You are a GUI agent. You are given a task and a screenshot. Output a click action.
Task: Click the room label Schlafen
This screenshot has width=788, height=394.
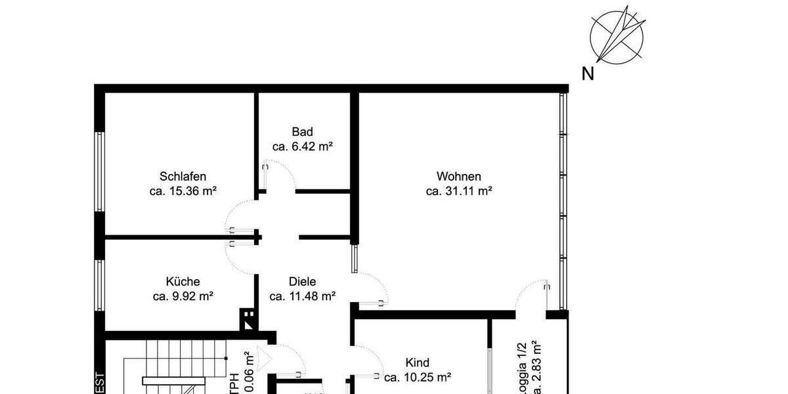(x=183, y=176)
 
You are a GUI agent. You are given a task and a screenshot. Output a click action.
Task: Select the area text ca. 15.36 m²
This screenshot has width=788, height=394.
(x=183, y=191)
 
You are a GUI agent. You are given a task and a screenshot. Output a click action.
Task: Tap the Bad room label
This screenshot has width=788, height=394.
(x=303, y=131)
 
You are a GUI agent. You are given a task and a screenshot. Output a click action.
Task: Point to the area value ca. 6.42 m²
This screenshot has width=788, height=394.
(x=303, y=146)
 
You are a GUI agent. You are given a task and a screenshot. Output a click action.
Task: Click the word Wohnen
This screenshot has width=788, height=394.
(x=459, y=176)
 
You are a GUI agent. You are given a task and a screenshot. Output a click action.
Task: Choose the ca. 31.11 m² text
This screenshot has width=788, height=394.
(x=459, y=191)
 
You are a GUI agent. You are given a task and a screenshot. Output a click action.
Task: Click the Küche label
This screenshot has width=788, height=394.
(x=183, y=281)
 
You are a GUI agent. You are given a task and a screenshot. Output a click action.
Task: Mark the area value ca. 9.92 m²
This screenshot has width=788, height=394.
(x=183, y=296)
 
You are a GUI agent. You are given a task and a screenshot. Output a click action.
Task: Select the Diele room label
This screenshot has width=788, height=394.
(x=303, y=281)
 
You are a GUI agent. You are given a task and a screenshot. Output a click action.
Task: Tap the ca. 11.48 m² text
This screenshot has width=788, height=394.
(x=303, y=296)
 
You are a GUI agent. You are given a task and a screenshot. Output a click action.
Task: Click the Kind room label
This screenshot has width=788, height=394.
(x=418, y=362)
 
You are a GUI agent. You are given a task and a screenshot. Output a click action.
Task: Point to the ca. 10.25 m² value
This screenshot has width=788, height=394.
(x=418, y=378)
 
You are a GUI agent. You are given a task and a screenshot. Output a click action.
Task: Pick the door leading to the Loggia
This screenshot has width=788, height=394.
(x=532, y=295)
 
